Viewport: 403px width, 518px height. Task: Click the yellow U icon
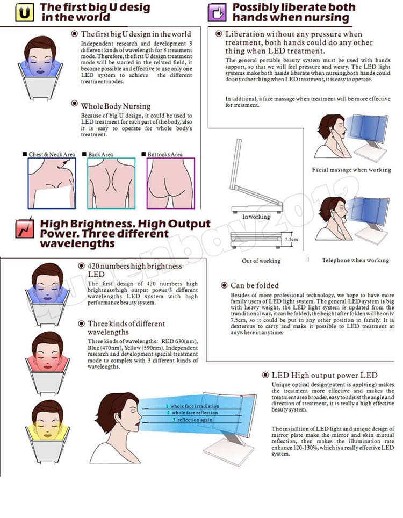pos(25,12)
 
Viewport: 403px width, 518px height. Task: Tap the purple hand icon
pos(217,12)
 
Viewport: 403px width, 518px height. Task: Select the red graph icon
pos(25,228)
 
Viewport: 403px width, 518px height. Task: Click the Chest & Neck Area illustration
pos(52,183)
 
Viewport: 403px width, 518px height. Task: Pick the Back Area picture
pos(111,183)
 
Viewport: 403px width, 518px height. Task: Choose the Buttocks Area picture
pos(171,183)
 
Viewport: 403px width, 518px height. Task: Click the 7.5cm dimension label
pos(291,239)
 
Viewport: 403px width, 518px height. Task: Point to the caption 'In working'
pos(256,217)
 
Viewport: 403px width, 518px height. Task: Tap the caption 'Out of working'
pos(261,261)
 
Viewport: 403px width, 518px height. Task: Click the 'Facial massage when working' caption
pos(351,170)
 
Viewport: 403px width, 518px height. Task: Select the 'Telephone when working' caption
pos(356,260)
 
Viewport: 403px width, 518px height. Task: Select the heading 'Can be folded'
pos(255,285)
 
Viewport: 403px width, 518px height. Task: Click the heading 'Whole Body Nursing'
pos(116,106)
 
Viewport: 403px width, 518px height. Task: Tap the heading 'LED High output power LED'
pos(325,375)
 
